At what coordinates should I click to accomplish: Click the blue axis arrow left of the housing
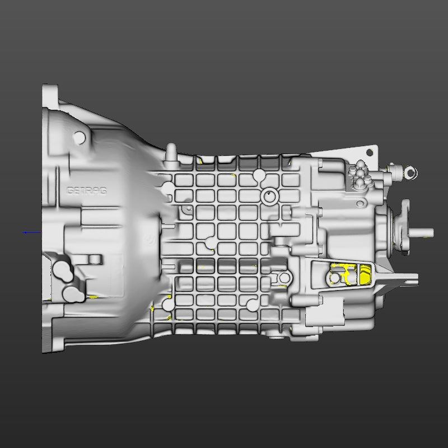point(31,232)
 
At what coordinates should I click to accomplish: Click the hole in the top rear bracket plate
point(369,152)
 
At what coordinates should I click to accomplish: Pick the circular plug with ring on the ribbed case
point(269,197)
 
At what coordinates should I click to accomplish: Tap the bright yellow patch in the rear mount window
point(365,274)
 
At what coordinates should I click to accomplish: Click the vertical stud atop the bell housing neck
point(171,151)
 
